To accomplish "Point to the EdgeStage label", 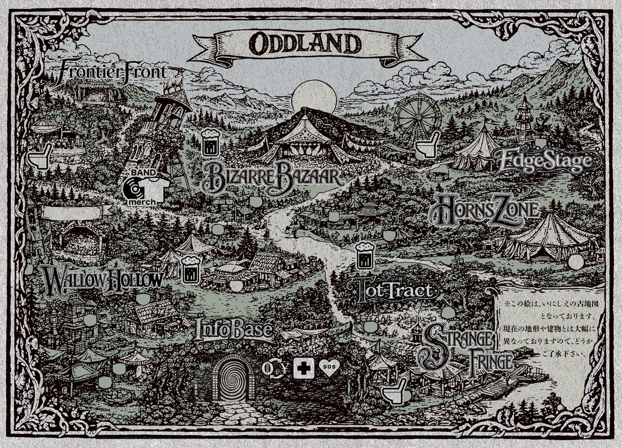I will click(x=543, y=161).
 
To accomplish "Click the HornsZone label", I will click(x=486, y=210).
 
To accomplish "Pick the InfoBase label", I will click(x=234, y=330).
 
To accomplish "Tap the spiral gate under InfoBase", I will click(x=233, y=381).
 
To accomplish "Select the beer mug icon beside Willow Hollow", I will click(x=190, y=268).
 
